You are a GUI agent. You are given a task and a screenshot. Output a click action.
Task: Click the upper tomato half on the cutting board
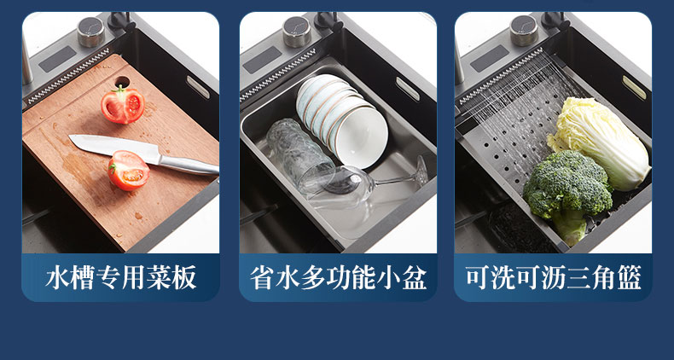pos(123,104)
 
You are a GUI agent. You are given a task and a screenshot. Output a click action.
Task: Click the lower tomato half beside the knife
pos(129,170)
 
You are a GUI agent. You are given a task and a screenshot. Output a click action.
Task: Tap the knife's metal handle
pos(189,165)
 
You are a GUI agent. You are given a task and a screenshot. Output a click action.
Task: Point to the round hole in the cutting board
pos(122,82)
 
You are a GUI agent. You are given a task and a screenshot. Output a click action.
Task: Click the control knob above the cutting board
pos(90,32)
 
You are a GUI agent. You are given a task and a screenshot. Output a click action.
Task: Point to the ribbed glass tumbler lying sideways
pos(300,154)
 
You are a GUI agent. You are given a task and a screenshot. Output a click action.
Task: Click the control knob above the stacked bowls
pos(297,32)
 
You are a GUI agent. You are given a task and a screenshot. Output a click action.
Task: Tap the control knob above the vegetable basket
pos(524,30)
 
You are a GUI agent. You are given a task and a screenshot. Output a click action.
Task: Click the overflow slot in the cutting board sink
pos(198,87)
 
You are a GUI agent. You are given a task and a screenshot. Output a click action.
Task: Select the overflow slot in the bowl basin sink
pos(407,89)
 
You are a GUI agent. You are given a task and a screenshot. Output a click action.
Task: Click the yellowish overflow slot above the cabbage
pos(634,88)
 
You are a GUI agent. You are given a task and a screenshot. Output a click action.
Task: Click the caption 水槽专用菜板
pos(121,277)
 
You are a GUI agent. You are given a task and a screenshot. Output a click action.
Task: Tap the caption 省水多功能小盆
pos(339,277)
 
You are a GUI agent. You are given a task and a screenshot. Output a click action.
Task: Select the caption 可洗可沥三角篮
pos(553,277)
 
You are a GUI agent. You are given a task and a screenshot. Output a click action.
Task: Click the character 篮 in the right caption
pos(629,277)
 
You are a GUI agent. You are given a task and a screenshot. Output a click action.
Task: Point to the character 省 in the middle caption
pos(263,277)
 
